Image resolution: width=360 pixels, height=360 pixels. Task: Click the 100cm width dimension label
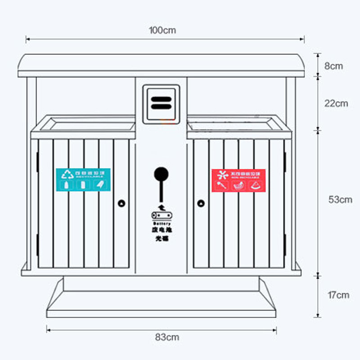coord(162,31)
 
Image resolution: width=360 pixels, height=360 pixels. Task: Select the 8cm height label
coord(333,66)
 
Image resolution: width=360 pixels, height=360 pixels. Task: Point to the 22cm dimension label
coord(336,103)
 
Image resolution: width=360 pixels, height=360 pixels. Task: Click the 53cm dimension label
coord(340,199)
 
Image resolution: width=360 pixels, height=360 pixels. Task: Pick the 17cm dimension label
coord(338,295)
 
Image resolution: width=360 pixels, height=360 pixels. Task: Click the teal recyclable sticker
coord(83,180)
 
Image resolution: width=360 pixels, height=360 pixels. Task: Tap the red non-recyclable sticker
coord(238,180)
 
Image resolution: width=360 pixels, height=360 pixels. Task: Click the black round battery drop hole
coord(161,174)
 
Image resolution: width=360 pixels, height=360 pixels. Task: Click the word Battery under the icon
coord(161,224)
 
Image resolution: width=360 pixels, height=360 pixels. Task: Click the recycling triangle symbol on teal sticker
coord(68,174)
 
